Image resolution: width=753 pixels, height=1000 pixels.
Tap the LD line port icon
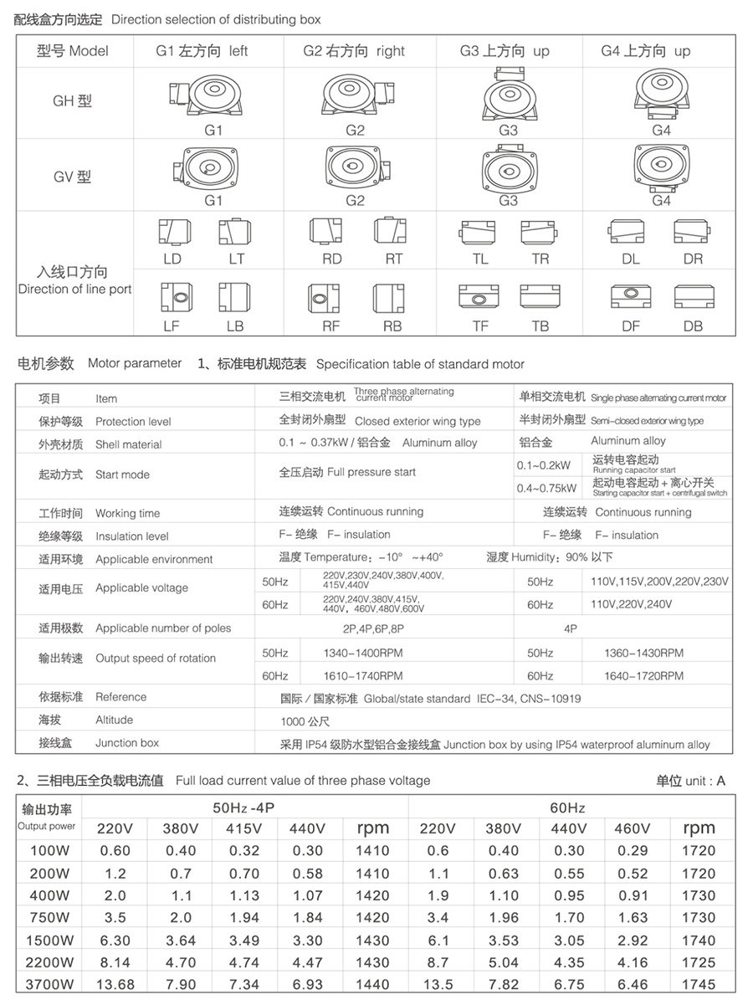(172, 232)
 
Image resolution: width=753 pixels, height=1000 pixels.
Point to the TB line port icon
(541, 297)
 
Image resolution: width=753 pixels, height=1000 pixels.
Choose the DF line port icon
(630, 297)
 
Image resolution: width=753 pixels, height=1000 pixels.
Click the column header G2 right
(354, 51)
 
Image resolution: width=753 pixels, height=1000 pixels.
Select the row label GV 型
(72, 177)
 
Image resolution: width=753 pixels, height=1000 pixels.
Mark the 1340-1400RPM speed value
(362, 653)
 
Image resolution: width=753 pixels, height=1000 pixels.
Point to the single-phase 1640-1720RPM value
(643, 675)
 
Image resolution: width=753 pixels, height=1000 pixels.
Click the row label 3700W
(49, 984)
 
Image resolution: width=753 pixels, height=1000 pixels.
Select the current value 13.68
(115, 984)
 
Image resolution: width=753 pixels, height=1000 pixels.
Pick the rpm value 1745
(699, 984)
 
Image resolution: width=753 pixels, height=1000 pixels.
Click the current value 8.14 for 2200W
(115, 962)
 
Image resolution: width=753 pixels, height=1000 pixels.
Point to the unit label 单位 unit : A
(690, 781)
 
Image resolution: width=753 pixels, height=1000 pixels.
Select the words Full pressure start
(371, 472)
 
